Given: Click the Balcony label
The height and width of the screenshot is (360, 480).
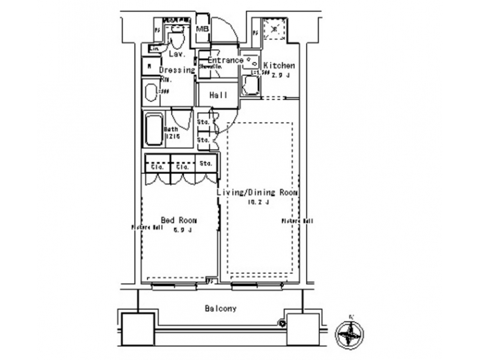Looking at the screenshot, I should tap(220, 309).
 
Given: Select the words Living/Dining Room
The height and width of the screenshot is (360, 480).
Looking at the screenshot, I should tap(257, 192).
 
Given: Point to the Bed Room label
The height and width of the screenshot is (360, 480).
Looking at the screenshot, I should tap(178, 219).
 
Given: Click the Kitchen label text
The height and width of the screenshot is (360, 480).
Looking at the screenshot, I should tap(279, 65).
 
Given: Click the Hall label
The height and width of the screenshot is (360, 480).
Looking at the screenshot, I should tap(218, 95).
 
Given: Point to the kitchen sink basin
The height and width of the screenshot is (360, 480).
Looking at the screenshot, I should tap(251, 61).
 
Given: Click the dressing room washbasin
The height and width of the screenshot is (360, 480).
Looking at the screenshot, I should tap(151, 92).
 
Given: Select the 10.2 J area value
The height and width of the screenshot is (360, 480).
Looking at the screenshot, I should tap(257, 202).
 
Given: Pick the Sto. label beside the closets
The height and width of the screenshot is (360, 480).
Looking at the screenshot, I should tap(206, 163).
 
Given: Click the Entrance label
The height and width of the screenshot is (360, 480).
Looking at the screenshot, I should tap(221, 60).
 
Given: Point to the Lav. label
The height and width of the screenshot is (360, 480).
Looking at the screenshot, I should tap(176, 53).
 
